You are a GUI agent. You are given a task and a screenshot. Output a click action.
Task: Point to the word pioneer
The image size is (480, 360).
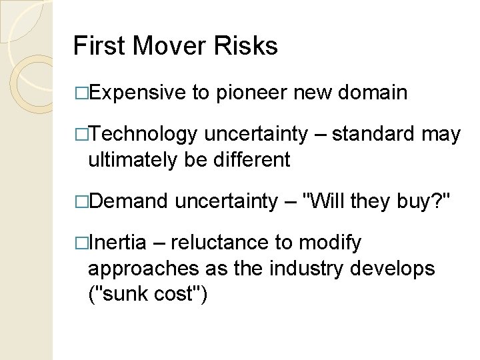click(252, 93)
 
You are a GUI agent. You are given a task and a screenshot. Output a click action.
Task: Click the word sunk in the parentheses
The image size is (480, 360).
click(131, 293)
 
